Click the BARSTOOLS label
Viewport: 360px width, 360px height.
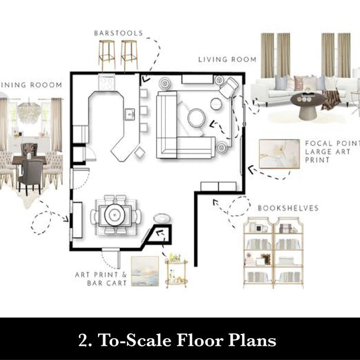[x=119, y=33]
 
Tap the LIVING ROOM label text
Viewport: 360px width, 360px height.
[x=227, y=60]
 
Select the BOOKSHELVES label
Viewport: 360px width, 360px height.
[x=288, y=208]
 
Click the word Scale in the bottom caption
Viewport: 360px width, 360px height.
[x=149, y=340]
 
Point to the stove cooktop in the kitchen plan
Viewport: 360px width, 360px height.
[x=107, y=82]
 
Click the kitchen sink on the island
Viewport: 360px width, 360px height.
[x=130, y=114]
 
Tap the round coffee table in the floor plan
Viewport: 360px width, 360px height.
[x=197, y=117]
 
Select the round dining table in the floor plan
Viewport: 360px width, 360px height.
[x=114, y=215]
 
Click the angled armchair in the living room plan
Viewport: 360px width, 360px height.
[x=228, y=88]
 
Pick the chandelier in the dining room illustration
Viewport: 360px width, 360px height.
[x=29, y=112]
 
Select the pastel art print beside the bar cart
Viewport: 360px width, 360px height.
[x=145, y=271]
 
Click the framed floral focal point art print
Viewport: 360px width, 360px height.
[x=279, y=154]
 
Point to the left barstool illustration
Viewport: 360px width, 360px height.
[x=107, y=55]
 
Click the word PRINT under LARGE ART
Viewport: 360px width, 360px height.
[x=318, y=160]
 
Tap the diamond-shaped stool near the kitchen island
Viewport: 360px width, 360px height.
[x=140, y=153]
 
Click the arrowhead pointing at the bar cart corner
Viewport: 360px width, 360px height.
[x=161, y=233]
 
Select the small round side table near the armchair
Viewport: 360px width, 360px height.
[x=216, y=104]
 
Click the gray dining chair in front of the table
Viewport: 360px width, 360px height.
[x=31, y=176]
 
